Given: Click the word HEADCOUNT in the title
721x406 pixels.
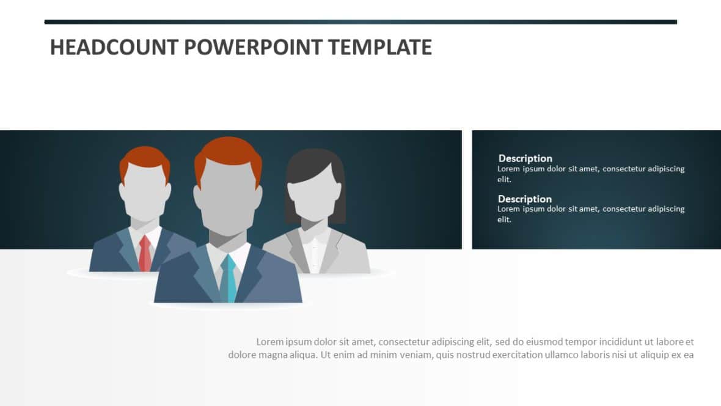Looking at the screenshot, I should point(114,47).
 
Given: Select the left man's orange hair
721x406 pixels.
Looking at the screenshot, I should point(144,155).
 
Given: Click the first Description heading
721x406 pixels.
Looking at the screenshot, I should point(525,158).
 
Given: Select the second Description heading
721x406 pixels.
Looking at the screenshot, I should point(524,199).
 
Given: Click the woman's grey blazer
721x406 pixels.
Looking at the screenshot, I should point(348,257).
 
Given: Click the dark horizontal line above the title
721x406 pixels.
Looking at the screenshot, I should point(360,22).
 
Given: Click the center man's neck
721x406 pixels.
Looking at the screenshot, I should point(227,240).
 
